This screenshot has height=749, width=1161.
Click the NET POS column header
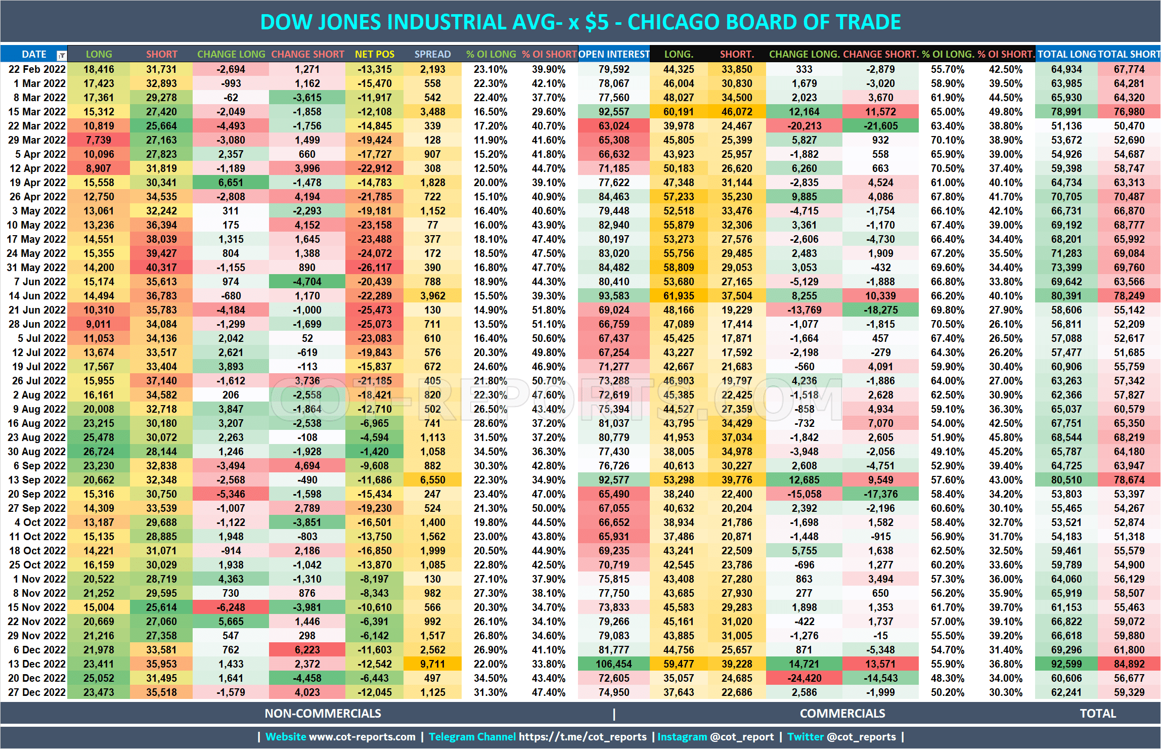point(374,54)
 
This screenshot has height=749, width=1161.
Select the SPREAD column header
point(432,54)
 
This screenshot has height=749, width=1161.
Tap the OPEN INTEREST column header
point(614,54)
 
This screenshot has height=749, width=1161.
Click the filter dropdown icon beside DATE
point(61,55)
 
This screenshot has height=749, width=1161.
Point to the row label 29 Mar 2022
point(36,140)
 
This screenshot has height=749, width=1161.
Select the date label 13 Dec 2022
point(36,664)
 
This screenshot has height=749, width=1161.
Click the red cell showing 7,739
point(99,140)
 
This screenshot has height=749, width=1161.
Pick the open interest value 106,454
point(614,664)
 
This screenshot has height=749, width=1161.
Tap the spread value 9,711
point(432,664)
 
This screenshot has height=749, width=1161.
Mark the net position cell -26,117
point(374,268)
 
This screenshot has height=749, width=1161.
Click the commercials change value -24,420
point(804,678)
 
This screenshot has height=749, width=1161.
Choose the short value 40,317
point(161,268)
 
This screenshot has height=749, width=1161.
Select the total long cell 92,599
point(1066,664)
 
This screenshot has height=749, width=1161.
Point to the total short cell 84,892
point(1129,664)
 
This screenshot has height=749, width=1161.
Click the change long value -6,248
point(231,607)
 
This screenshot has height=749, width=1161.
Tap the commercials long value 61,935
point(679,296)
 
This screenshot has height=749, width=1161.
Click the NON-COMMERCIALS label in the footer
point(323,714)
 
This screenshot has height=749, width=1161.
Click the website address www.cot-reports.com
point(362,737)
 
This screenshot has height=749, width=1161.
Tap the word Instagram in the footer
point(682,737)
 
